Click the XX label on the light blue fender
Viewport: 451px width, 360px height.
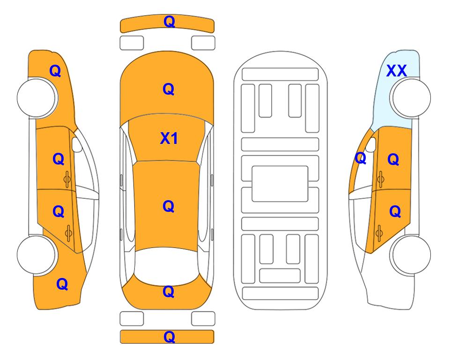point(396,71)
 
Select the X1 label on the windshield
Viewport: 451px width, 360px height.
point(169,138)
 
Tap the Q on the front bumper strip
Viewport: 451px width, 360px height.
point(169,22)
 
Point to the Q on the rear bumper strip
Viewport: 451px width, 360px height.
point(169,337)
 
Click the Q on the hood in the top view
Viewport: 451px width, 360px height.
point(169,89)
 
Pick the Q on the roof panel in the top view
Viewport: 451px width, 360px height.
point(169,207)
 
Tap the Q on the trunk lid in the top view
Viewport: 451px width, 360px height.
point(169,292)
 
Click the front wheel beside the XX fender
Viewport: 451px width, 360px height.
point(410,98)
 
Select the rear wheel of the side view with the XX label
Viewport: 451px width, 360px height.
point(410,255)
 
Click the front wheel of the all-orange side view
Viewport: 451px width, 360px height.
point(37,98)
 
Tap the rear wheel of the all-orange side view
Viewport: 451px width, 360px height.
point(37,255)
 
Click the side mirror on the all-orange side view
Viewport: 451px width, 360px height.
point(77,144)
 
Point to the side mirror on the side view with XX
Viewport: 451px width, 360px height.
point(371,144)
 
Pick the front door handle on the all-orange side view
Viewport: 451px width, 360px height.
point(67,180)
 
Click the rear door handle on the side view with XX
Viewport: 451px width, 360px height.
point(379,233)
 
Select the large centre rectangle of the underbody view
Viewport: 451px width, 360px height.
point(280,184)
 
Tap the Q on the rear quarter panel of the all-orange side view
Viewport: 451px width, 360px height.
point(62,284)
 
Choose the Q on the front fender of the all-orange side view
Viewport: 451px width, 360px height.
point(55,71)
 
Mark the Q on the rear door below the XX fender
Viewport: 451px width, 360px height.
point(395,212)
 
